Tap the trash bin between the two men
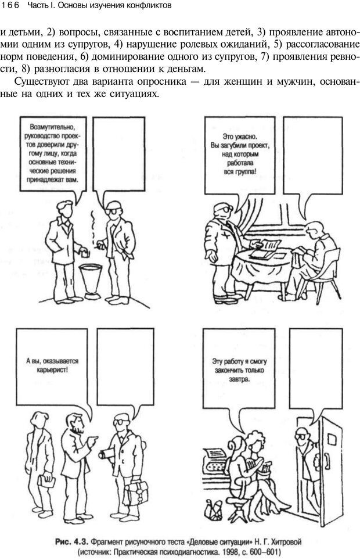pos(91,281)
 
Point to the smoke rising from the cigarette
pos(93,225)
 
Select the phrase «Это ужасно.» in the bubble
pos(240,137)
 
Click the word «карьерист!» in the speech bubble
pos(52,369)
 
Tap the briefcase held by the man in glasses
pos(136,493)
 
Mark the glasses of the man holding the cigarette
pos(112,210)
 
